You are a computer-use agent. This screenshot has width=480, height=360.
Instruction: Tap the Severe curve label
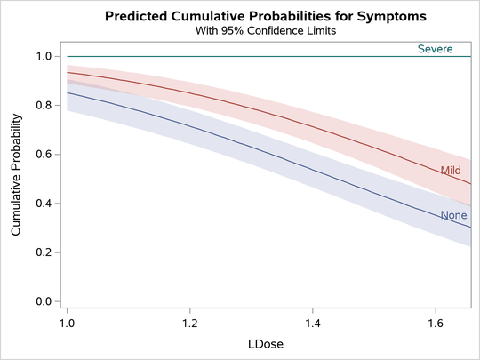tap(436, 49)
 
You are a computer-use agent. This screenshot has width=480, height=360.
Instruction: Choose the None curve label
tap(453, 215)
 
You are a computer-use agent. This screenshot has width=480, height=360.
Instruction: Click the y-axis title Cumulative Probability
tap(16, 179)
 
